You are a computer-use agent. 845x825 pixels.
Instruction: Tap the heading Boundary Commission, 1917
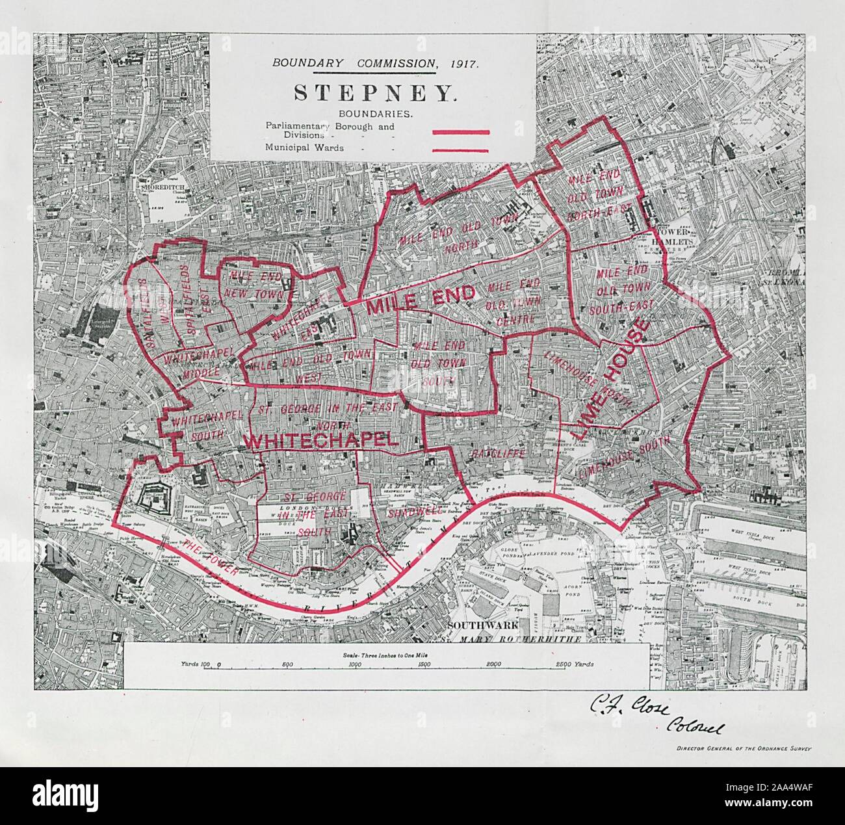[375, 63]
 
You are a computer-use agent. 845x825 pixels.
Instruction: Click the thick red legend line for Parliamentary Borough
[460, 132]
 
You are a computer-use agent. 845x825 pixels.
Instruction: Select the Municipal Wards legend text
[304, 148]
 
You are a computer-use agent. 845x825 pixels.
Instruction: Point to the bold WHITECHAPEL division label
[319, 440]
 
